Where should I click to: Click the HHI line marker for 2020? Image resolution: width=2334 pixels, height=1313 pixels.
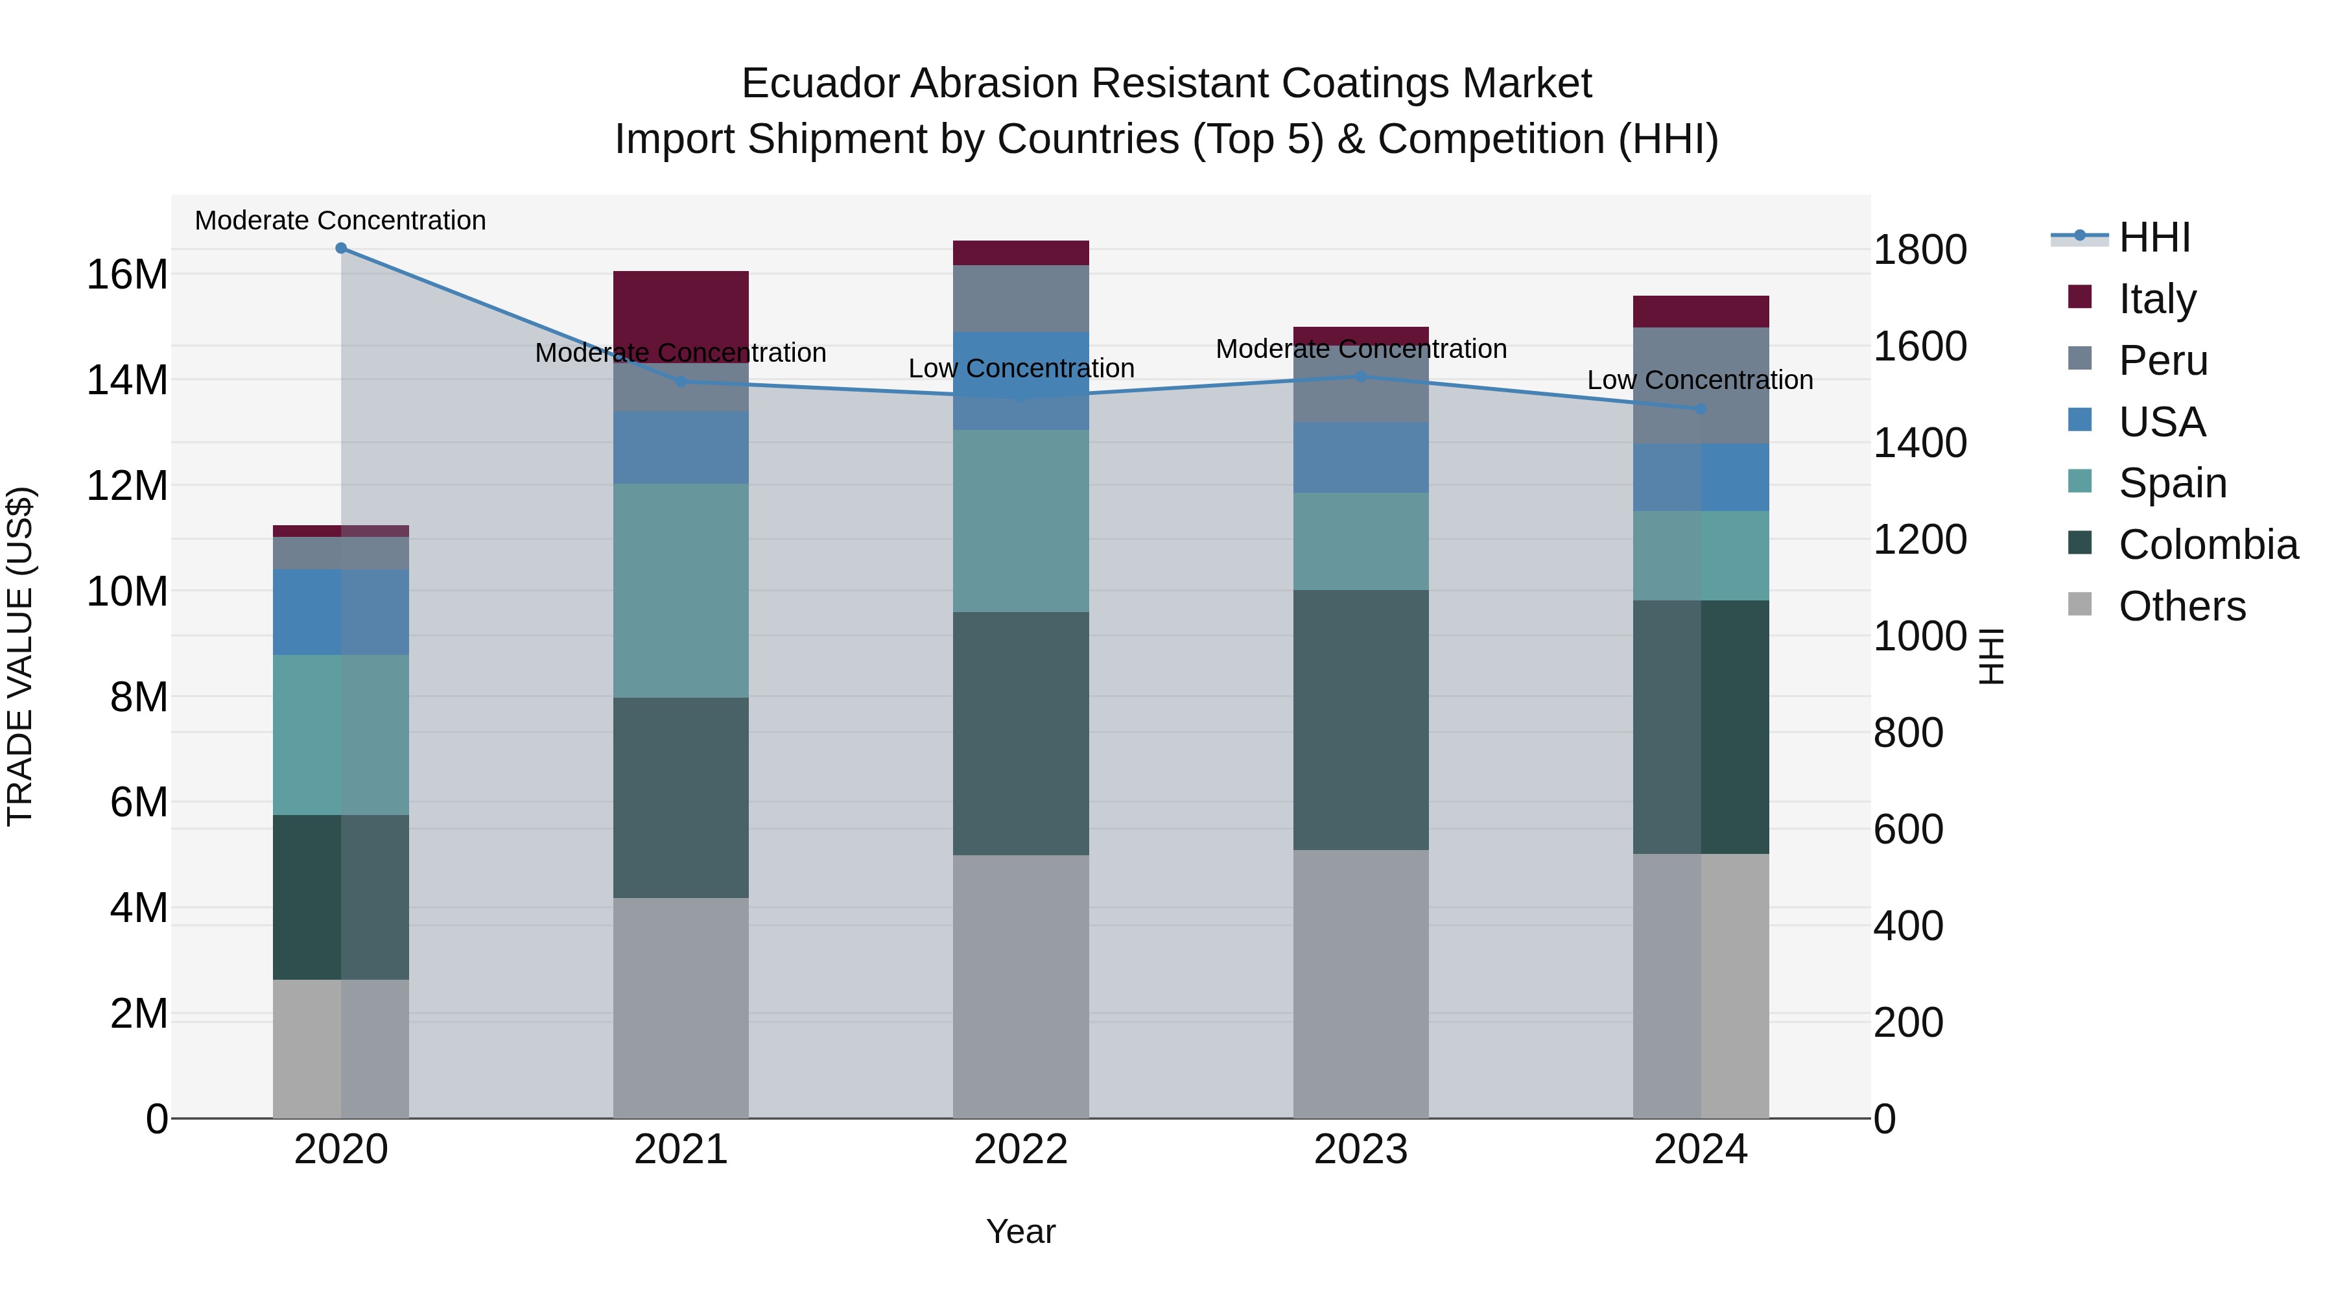[340, 248]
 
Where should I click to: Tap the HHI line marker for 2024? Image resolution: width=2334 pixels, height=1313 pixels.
[1701, 408]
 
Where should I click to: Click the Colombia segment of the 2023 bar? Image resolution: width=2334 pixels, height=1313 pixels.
[1360, 720]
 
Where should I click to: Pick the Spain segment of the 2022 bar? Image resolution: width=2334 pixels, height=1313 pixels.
[1020, 521]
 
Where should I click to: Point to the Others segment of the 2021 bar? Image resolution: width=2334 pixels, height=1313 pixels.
[681, 1008]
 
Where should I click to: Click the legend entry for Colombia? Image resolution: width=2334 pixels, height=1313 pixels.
[2207, 545]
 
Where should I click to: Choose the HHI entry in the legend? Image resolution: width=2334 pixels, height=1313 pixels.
[2154, 237]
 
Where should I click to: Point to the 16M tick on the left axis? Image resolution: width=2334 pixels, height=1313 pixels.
[127, 274]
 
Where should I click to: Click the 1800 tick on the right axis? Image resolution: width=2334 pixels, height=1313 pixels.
[1919, 250]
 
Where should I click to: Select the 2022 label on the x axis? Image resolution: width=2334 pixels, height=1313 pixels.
[1020, 1150]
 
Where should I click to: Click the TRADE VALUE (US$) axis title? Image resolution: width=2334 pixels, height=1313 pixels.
[20, 656]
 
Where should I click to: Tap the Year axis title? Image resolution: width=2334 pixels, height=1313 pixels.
[1020, 1231]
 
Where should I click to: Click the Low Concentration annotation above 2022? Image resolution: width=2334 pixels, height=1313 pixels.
[1020, 369]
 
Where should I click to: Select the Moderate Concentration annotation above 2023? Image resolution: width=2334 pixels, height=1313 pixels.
[1360, 349]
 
